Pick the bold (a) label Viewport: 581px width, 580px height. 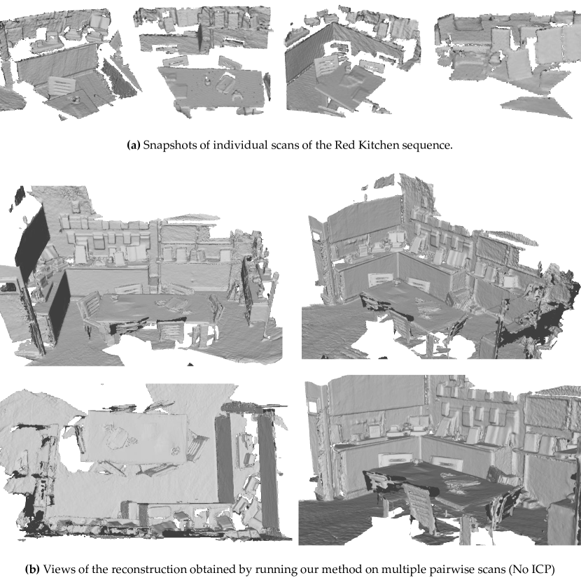coord(134,146)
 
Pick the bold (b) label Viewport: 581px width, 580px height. coord(32,570)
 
